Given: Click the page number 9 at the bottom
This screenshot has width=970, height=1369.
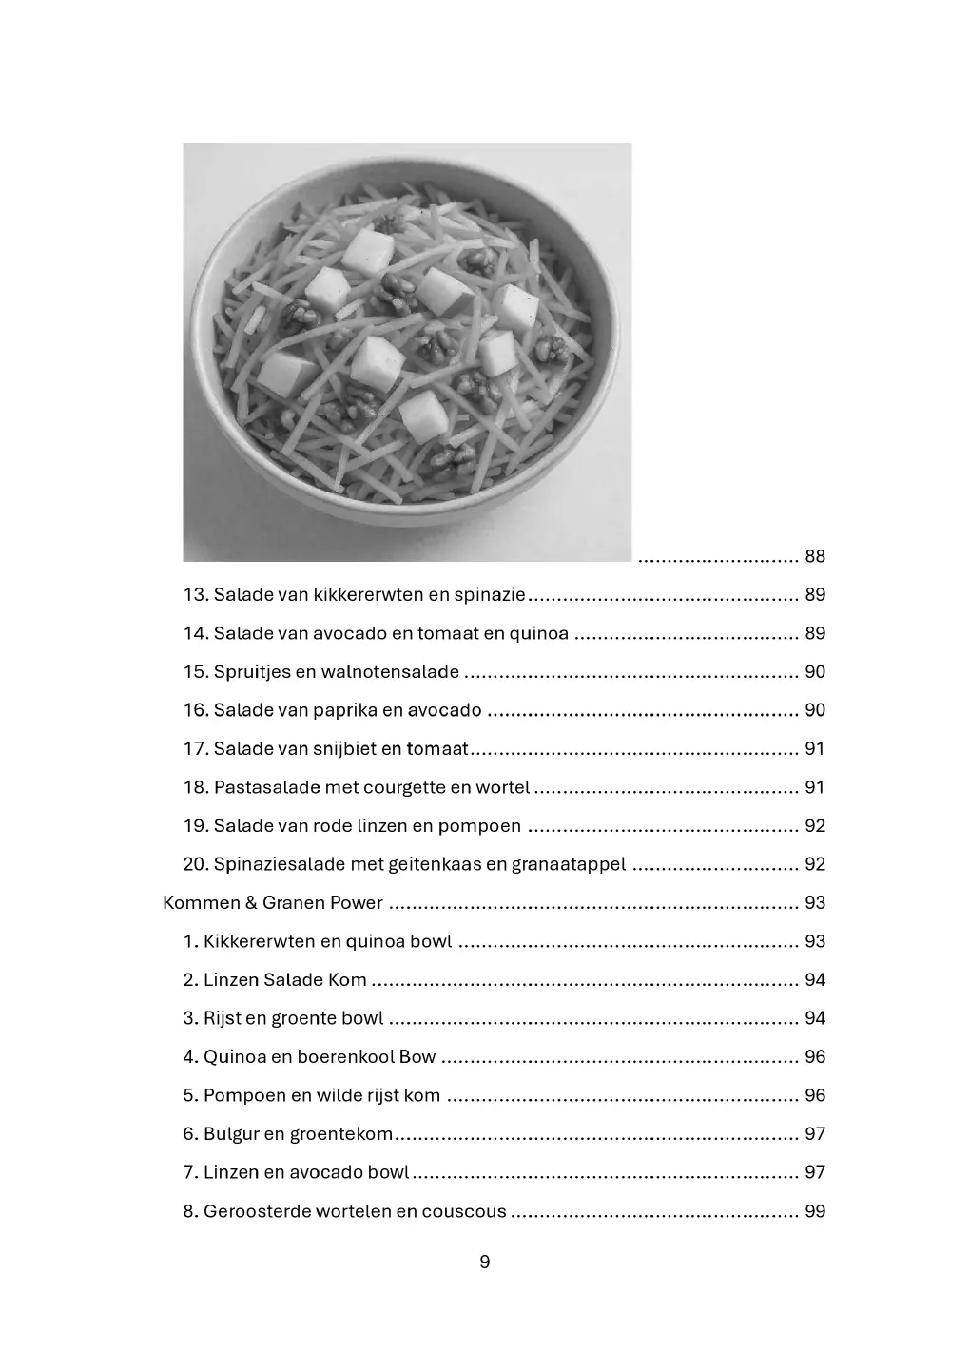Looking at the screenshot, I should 485,1263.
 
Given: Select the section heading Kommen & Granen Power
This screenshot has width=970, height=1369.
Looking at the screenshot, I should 273,902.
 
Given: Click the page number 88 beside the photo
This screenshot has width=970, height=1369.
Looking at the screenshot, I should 815,556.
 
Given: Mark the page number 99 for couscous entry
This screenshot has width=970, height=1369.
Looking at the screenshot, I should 815,1211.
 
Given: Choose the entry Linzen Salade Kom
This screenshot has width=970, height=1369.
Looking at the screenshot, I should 285,980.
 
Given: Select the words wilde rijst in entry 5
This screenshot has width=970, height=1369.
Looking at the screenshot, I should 366,1095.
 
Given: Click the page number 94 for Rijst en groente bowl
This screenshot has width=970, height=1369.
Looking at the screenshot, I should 815,1018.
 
